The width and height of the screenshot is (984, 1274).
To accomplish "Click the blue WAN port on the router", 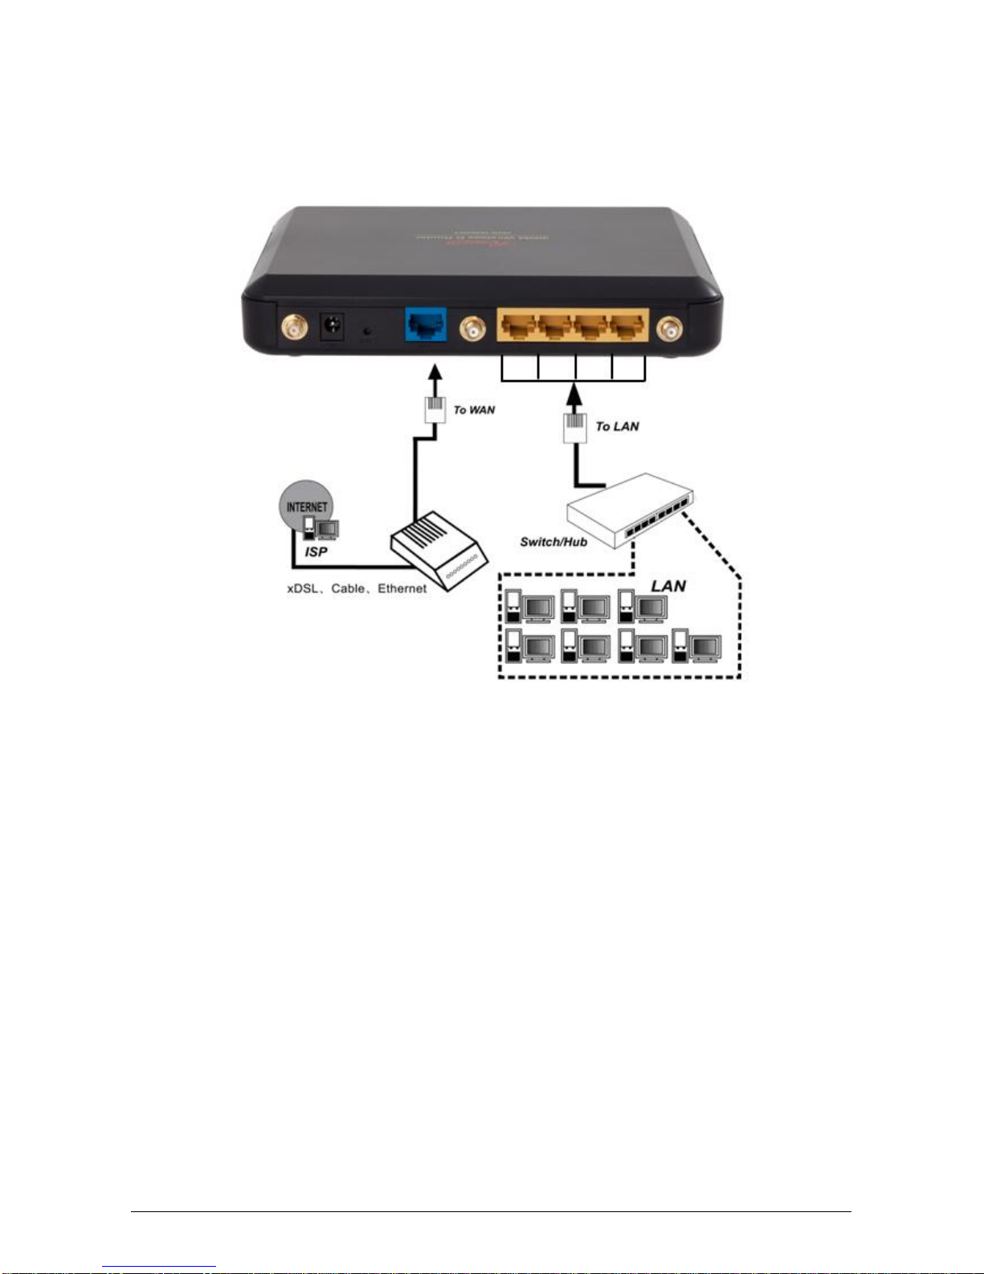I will [x=425, y=325].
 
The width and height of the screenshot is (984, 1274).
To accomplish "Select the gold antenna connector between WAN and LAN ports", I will [x=472, y=328].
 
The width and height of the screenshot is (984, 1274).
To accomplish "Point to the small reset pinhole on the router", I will [x=368, y=330].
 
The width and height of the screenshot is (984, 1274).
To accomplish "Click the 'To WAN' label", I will [x=474, y=410].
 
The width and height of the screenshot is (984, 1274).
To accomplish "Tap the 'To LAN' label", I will [x=617, y=426].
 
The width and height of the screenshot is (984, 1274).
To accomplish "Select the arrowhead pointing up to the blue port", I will [x=435, y=372].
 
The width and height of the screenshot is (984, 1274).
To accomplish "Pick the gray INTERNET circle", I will [x=306, y=502].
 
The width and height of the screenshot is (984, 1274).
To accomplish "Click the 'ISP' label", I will [x=316, y=551].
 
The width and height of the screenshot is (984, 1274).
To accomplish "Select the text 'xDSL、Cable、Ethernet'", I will [x=357, y=588].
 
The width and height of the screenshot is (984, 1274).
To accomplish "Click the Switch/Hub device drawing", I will [x=630, y=509].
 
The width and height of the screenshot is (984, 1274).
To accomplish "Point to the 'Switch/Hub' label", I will [x=553, y=542].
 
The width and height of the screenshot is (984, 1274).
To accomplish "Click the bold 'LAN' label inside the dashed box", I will [x=668, y=586].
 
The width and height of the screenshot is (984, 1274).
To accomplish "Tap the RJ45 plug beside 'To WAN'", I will [x=435, y=408].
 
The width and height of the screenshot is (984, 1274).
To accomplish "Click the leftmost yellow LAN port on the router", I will [x=517, y=326].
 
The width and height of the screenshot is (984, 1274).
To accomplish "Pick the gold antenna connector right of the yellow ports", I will [x=669, y=328].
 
